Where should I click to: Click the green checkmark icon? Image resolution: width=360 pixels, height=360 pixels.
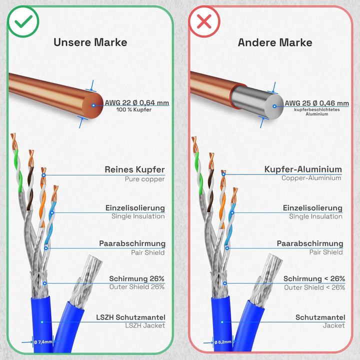[x=23, y=21]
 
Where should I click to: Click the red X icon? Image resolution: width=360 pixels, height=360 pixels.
[x=204, y=21]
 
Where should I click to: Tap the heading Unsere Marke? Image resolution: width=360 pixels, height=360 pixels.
[x=90, y=42]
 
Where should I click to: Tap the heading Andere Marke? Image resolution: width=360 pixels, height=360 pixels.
[x=275, y=42]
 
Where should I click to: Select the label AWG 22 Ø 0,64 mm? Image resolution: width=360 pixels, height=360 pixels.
[x=137, y=102]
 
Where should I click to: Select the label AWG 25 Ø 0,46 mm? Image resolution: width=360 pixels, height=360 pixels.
[x=317, y=103]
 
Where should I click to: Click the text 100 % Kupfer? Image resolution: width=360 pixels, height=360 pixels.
[x=134, y=109]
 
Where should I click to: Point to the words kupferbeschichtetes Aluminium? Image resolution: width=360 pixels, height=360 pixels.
[x=317, y=112]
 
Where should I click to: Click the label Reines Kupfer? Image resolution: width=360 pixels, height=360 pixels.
[x=135, y=169]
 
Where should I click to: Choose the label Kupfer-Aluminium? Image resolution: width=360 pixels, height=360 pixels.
[x=303, y=169]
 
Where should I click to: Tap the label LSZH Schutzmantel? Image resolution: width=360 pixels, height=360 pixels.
[x=130, y=317]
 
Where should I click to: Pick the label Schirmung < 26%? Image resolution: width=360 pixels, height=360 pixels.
[x=314, y=278]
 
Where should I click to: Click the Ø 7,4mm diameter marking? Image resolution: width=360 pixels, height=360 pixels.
[x=43, y=342]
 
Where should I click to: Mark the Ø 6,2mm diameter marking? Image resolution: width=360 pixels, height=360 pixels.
[x=223, y=342]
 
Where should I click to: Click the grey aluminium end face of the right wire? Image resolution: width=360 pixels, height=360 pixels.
[x=274, y=106]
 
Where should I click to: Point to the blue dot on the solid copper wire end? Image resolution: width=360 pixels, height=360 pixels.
[x=93, y=105]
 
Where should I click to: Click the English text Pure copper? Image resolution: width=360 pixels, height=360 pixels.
[x=144, y=179]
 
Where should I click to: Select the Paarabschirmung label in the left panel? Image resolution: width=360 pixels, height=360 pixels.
[x=132, y=243]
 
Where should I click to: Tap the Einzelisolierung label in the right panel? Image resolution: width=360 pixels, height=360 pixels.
[x=312, y=208]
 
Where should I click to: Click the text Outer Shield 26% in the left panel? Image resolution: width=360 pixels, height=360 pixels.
[x=137, y=287]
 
